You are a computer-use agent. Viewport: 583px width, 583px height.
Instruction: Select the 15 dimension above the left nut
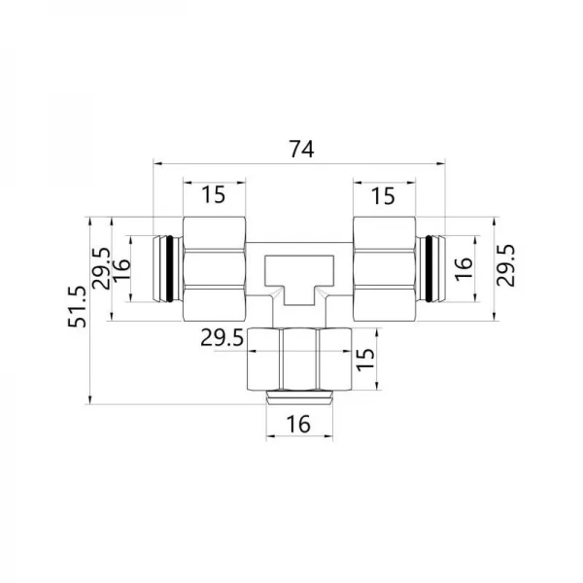click(213, 194)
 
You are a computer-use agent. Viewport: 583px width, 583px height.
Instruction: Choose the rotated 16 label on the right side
click(463, 263)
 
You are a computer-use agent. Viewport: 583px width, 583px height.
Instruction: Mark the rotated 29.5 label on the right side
click(505, 264)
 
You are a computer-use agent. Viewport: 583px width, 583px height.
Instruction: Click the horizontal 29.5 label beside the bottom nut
click(220, 339)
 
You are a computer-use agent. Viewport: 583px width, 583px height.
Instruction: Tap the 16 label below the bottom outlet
click(298, 425)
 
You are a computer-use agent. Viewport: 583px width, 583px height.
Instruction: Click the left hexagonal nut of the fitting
click(214, 267)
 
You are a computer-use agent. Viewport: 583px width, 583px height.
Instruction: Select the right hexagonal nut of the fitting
click(384, 267)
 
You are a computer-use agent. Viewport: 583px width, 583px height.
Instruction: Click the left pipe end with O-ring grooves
click(168, 266)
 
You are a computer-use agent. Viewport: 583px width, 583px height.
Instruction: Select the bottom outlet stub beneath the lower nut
click(298, 395)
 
